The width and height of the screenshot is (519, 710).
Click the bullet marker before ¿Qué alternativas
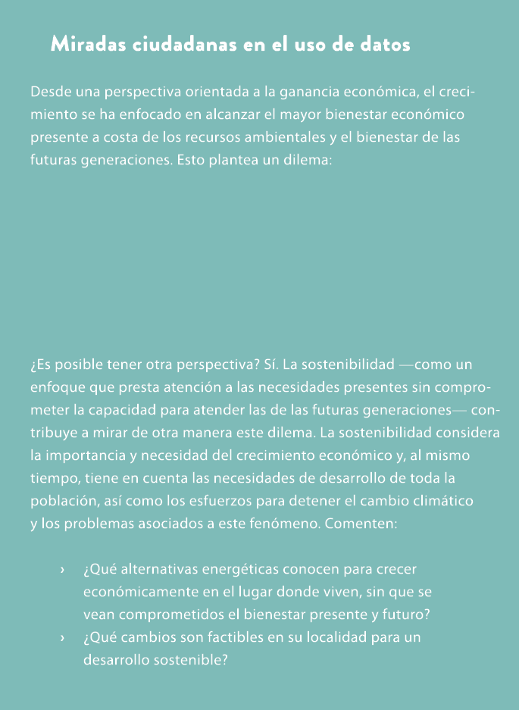pos(62,569)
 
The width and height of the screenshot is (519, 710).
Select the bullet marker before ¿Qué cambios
pos(62,638)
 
